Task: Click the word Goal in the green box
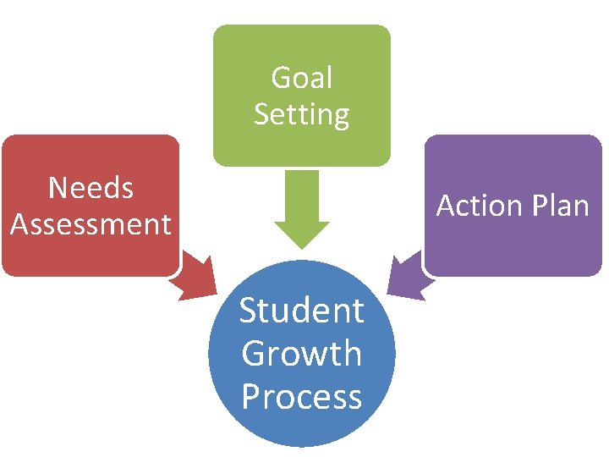coord(302,78)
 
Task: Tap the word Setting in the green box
coord(302,114)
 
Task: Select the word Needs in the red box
coord(91,188)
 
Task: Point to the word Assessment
coord(91,224)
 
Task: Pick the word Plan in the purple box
coord(562,206)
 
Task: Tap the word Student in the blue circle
coord(302,311)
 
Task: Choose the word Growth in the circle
coord(302,354)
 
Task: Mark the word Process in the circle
coord(302,396)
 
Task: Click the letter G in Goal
coord(281,78)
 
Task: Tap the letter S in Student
coord(249,311)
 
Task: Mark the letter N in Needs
coord(58,188)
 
